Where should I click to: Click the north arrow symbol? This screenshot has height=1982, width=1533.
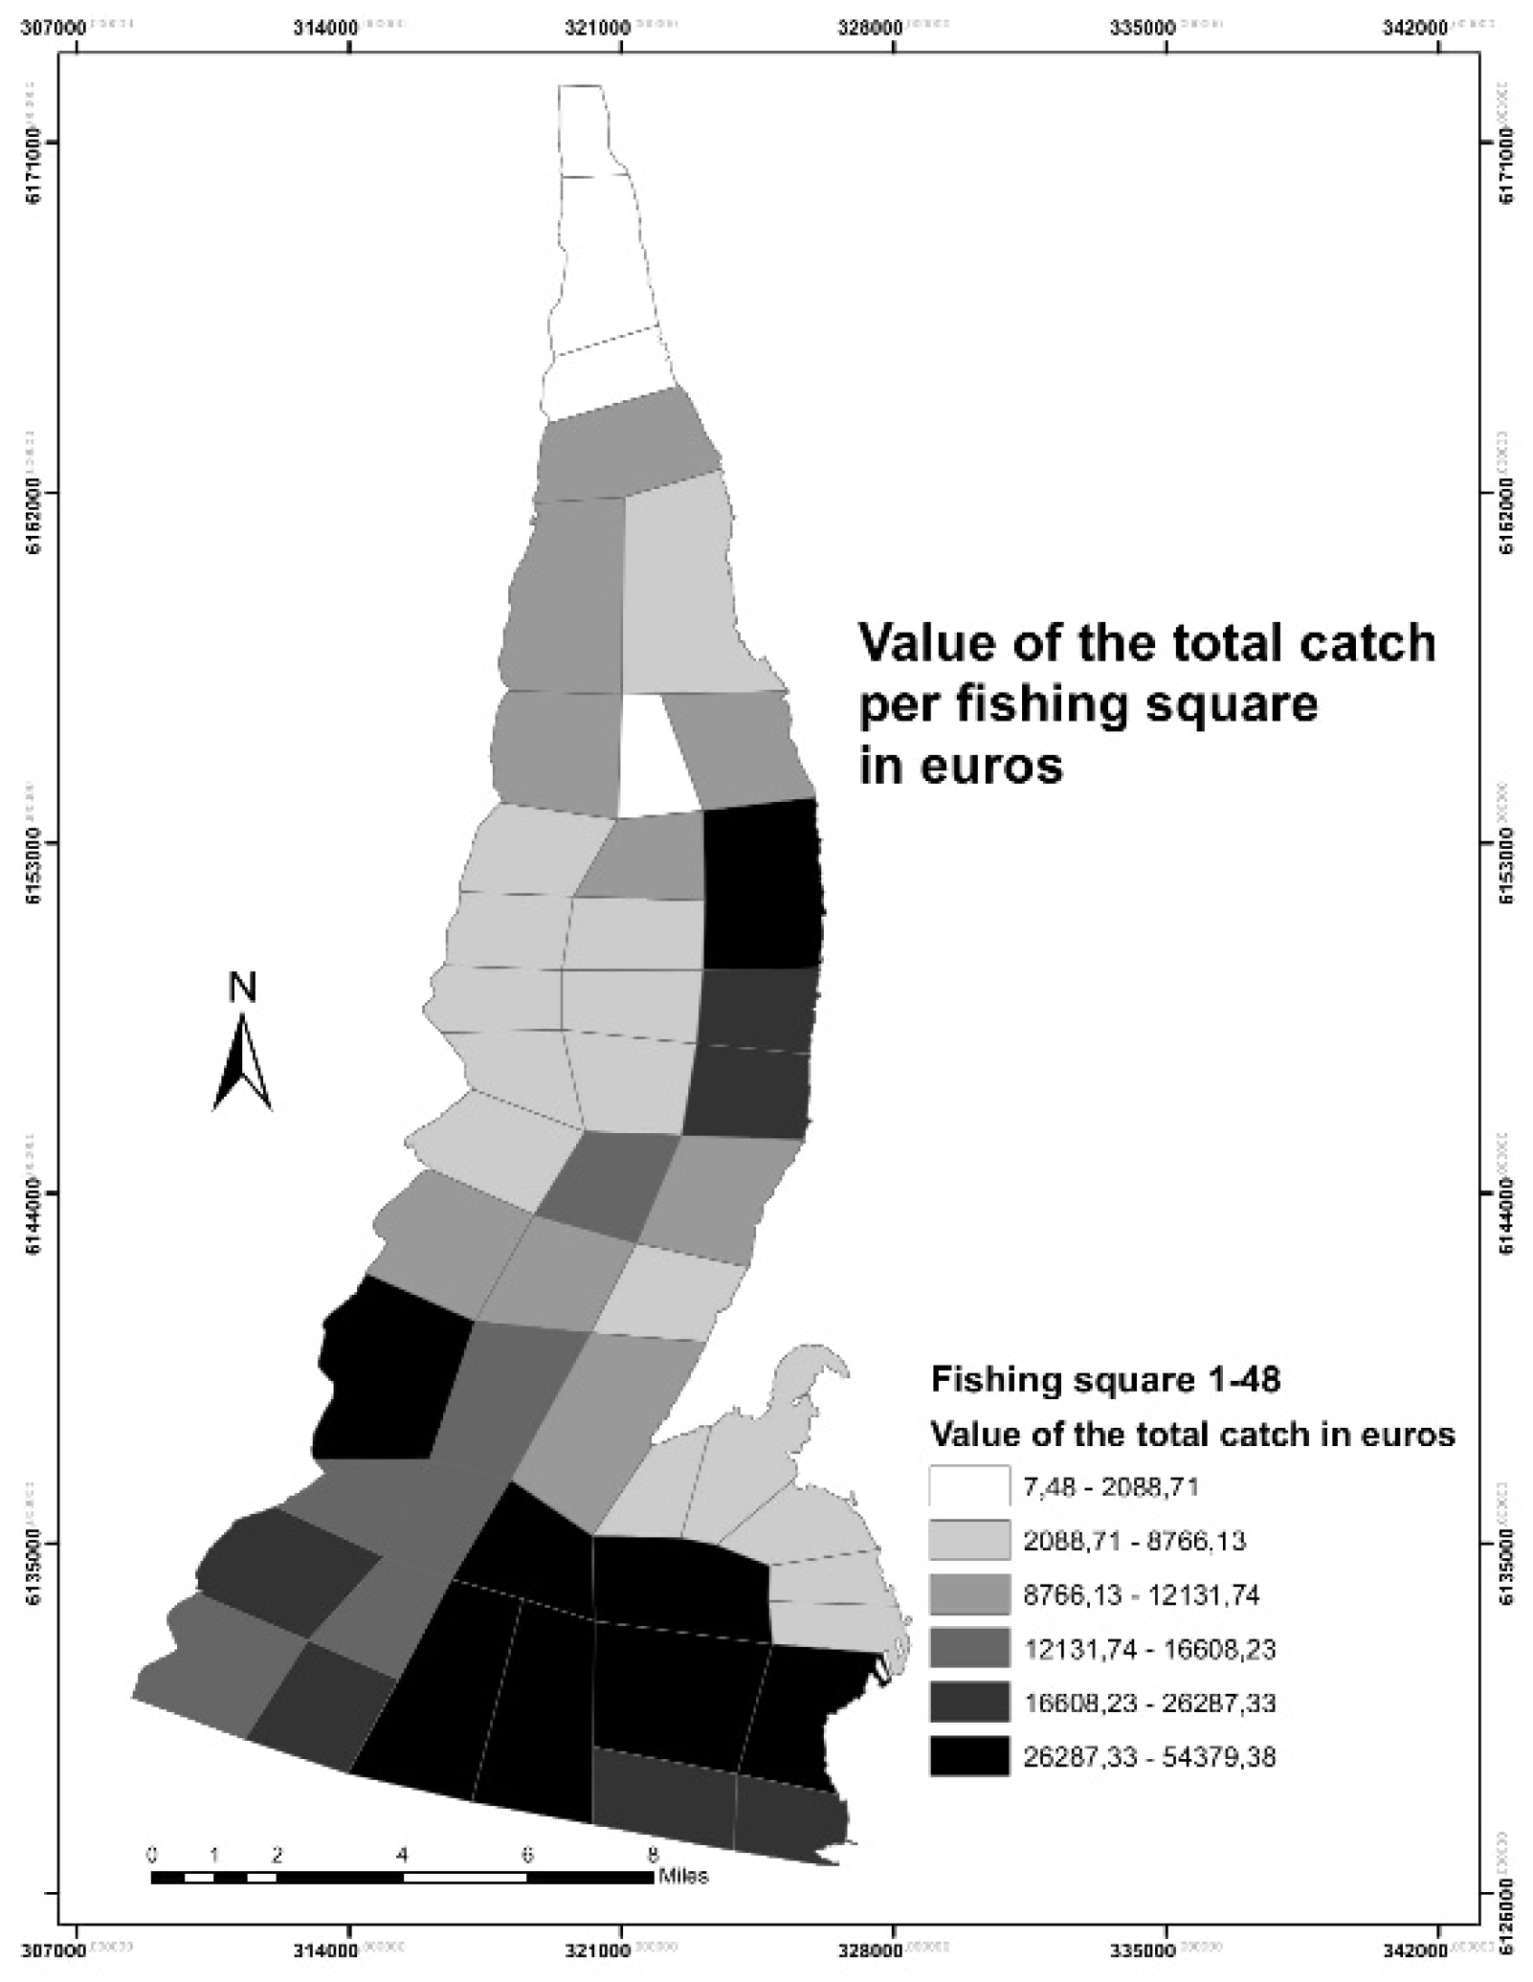pos(242,1063)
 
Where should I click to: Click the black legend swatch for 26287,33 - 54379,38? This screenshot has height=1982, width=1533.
pos(968,1756)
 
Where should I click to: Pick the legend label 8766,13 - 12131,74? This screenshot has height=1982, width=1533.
pos(1142,1594)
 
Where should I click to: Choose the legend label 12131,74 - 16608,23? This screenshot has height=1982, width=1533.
pos(1149,1649)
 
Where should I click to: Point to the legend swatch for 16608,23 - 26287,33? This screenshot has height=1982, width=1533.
pos(968,1703)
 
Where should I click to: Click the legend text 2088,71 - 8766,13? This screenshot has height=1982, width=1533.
pos(1135,1541)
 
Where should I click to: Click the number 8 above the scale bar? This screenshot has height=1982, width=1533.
pos(653,1854)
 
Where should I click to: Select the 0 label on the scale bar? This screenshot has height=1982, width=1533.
pos(152,1854)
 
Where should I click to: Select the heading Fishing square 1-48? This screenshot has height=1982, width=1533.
pos(1105,1380)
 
